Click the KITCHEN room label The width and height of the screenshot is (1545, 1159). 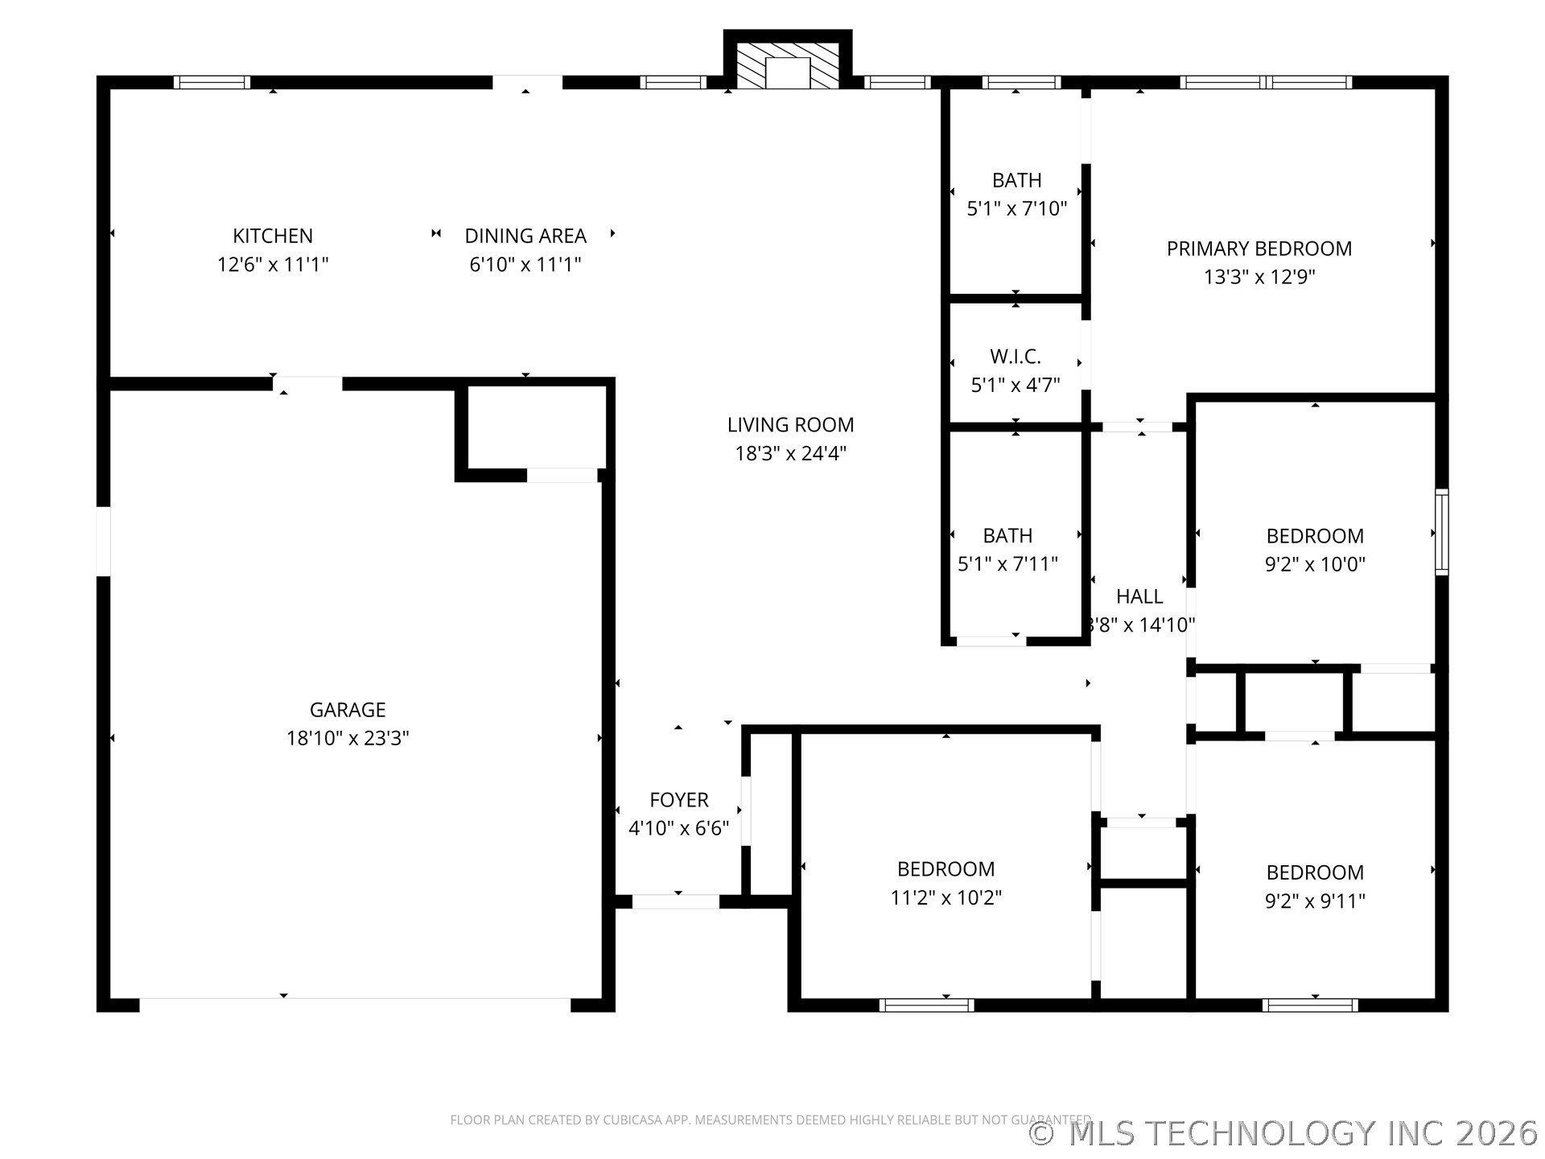click(273, 236)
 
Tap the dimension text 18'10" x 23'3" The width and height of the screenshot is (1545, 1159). click(348, 738)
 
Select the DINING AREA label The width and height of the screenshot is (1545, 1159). click(525, 236)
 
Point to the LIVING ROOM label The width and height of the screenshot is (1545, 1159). click(790, 425)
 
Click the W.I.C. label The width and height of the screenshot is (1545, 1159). click(1016, 357)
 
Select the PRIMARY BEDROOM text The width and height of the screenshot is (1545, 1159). click(1259, 249)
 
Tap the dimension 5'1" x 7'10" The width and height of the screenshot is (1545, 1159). click(1016, 209)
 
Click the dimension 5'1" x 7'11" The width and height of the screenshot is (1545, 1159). click(1007, 564)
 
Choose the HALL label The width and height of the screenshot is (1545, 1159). click(1139, 596)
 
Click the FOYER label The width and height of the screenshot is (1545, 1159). click(678, 800)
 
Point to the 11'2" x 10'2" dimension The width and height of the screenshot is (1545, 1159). click(946, 897)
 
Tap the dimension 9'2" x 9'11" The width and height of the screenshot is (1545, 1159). click(1315, 901)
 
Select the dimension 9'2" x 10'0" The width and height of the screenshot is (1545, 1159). click(1315, 564)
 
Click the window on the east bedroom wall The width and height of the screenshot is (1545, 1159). click(1442, 531)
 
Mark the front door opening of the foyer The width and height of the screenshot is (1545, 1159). click(676, 901)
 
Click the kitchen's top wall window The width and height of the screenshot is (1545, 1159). click(212, 82)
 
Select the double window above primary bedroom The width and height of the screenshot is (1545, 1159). click(1266, 82)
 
